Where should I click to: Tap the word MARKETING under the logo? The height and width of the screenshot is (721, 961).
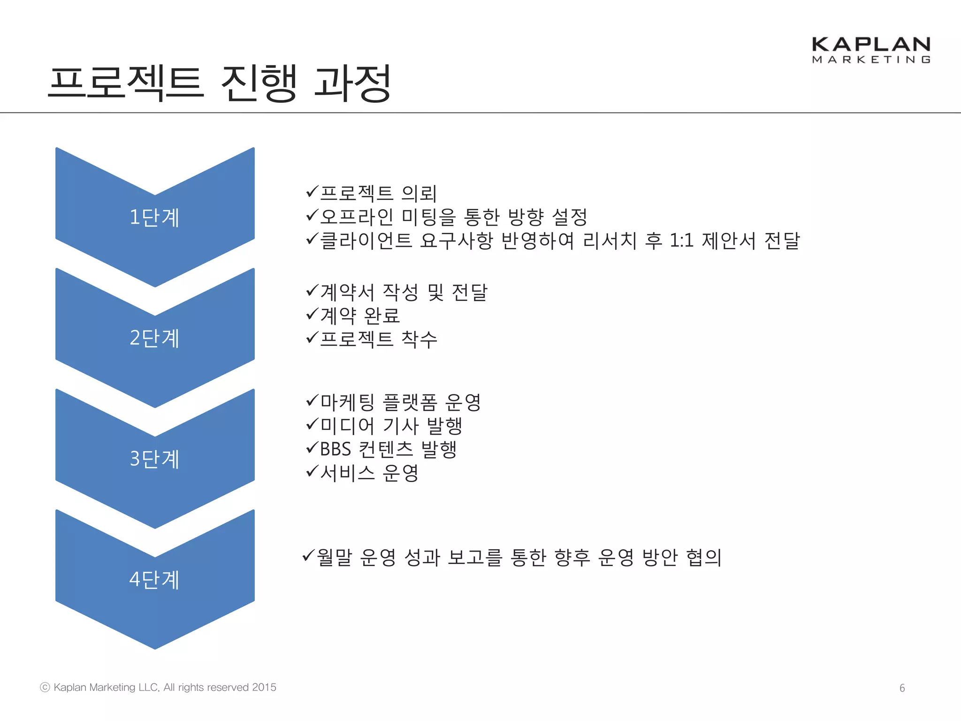click(x=871, y=60)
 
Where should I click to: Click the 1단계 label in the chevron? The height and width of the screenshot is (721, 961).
click(x=154, y=217)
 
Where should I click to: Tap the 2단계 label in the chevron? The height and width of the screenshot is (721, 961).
click(x=154, y=338)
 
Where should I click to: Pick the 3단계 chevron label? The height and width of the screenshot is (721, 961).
click(x=154, y=459)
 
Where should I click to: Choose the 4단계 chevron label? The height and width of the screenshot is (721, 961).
click(x=154, y=579)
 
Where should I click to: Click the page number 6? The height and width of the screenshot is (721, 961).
click(x=902, y=688)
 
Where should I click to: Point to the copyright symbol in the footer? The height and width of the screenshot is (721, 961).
click(x=45, y=687)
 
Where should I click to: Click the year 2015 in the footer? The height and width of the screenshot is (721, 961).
click(x=264, y=687)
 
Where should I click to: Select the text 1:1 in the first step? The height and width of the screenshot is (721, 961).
click(x=681, y=241)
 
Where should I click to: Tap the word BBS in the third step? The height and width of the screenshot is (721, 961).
click(x=336, y=449)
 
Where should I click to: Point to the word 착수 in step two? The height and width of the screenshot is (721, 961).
click(x=419, y=339)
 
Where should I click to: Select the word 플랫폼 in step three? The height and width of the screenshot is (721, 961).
click(x=410, y=402)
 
